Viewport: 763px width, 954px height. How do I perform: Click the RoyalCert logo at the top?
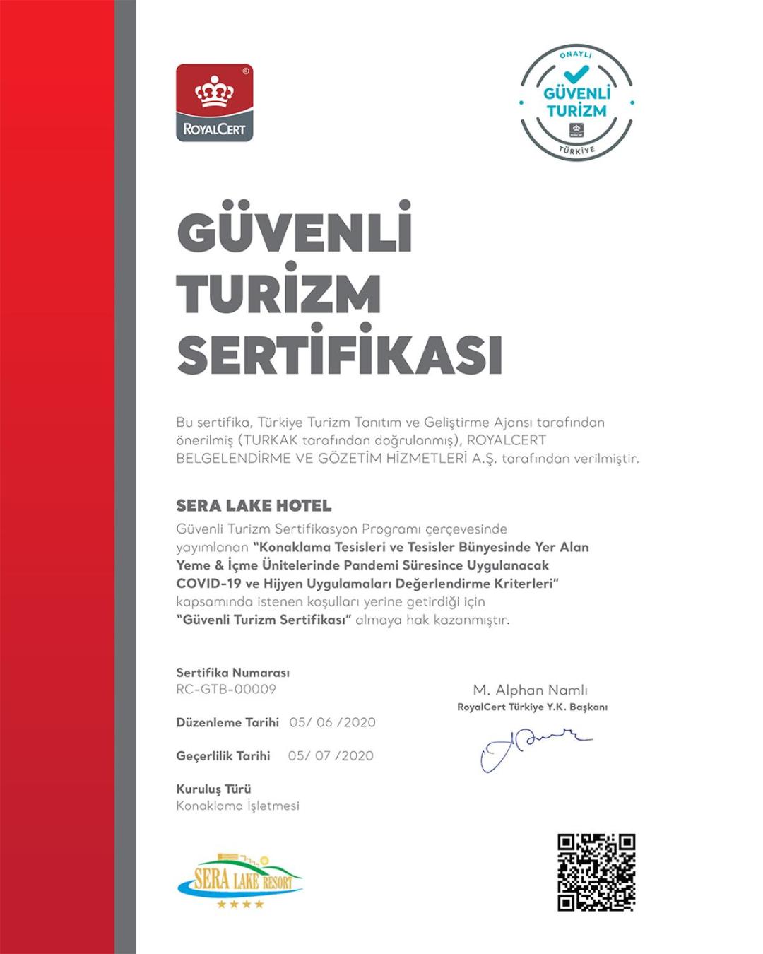pyautogui.click(x=214, y=102)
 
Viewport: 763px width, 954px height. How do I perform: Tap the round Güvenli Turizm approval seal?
pyautogui.click(x=576, y=103)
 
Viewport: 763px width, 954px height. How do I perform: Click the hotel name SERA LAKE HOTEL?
pyautogui.click(x=254, y=506)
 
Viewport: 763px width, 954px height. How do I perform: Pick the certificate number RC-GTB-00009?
pyautogui.click(x=226, y=689)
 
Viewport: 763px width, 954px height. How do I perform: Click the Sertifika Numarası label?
pyautogui.click(x=232, y=673)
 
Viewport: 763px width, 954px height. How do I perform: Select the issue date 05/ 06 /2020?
pyautogui.click(x=332, y=722)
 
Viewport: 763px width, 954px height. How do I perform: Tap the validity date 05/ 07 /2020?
pyautogui.click(x=331, y=755)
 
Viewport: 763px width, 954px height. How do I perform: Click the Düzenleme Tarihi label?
pyautogui.click(x=227, y=722)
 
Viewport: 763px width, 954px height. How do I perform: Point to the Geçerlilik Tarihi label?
pyautogui.click(x=223, y=755)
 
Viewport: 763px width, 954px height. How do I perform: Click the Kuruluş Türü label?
pyautogui.click(x=213, y=789)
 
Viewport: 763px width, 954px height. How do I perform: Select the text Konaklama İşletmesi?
pyautogui.click(x=237, y=806)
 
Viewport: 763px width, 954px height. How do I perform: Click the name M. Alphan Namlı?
pyautogui.click(x=531, y=690)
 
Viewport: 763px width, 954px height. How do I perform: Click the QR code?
pyautogui.click(x=596, y=872)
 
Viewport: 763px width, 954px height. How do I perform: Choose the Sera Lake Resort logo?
pyautogui.click(x=239, y=881)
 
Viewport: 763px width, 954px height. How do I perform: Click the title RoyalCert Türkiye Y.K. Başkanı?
pyautogui.click(x=532, y=707)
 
